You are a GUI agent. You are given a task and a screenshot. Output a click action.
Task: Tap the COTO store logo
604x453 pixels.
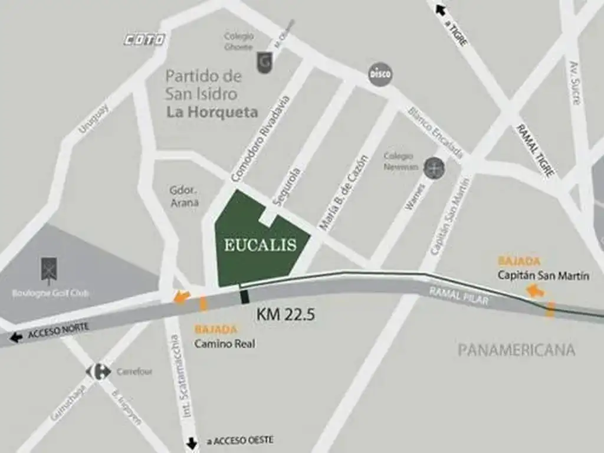pos(144,40)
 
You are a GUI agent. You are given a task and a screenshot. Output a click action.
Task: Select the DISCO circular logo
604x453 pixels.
pos(380,74)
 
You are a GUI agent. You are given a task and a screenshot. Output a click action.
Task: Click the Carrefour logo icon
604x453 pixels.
pos(99,372)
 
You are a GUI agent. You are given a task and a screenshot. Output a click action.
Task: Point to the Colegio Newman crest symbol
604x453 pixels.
pos(435,168)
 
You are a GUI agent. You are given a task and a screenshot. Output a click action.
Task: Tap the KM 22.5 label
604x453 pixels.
pos(285,314)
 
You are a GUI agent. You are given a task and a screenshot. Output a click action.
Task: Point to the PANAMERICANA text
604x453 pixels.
pos(516,350)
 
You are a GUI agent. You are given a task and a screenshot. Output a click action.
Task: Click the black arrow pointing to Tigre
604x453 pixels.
pos(439,9)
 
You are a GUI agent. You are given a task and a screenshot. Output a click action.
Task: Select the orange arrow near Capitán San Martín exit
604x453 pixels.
pos(536,290)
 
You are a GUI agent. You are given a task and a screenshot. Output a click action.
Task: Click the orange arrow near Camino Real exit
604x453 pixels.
pos(182,297)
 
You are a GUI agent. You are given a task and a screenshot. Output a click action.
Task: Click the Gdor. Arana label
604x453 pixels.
pos(184,197)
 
